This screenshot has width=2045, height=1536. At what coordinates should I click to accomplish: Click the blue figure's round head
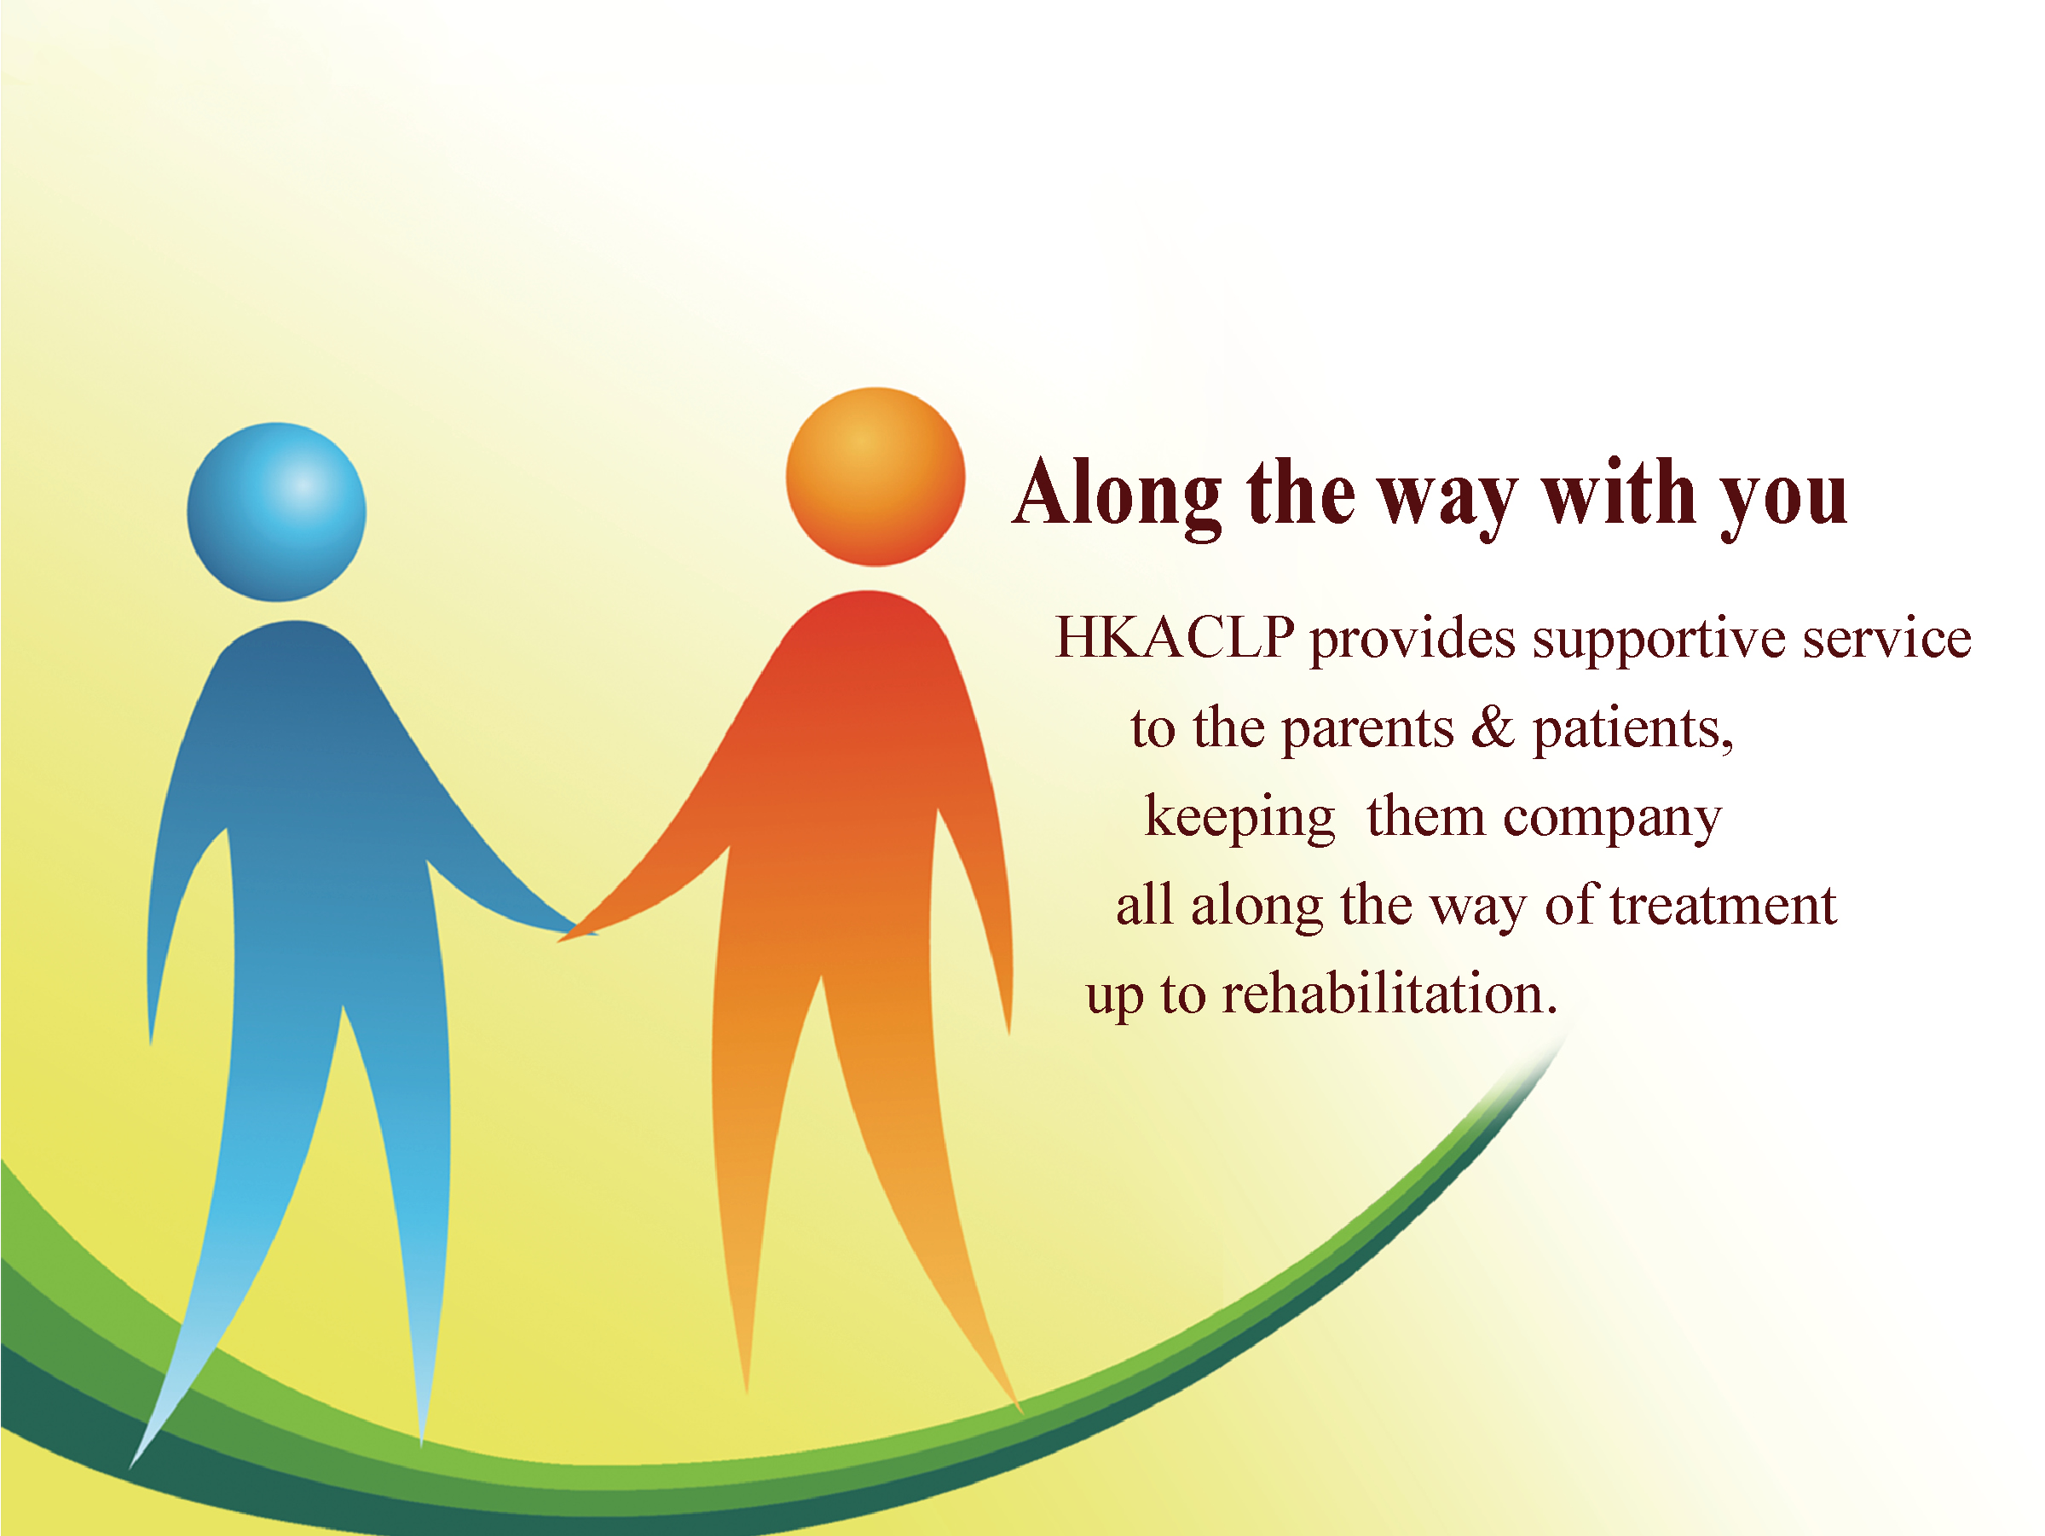coord(276,513)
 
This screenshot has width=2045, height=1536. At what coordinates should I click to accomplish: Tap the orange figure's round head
coord(875,476)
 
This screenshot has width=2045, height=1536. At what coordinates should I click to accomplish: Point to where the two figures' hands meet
coord(576,931)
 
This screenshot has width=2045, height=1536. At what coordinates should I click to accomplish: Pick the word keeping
coord(1239,819)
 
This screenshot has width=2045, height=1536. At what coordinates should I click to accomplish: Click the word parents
coord(1368,731)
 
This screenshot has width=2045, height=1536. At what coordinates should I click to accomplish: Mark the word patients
coord(1632,731)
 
